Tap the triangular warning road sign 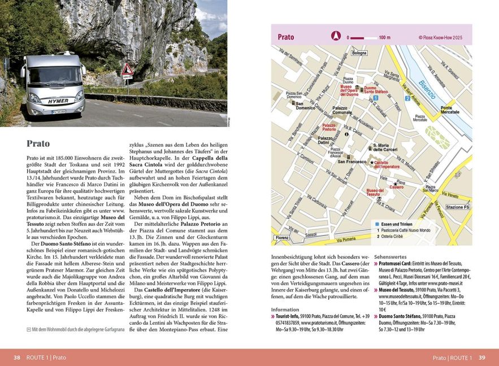(128, 70)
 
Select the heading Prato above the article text (38, 143)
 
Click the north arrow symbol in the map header (335, 37)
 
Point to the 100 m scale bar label (384, 37)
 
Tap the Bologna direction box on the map (359, 53)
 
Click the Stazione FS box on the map (457, 208)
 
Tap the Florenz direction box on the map (282, 238)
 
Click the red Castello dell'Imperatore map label (387, 164)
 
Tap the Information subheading (285, 310)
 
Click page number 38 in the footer (17, 358)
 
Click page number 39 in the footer (481, 358)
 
